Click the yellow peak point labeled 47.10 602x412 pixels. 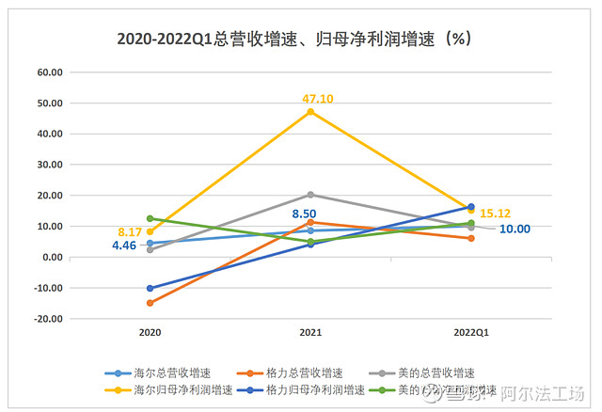pos(310,112)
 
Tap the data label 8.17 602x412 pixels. pos(129,230)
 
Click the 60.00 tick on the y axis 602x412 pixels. pos(49,71)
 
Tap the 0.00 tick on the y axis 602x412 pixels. pos(52,257)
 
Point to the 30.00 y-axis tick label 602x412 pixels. pos(49,165)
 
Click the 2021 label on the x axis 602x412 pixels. pos(310,332)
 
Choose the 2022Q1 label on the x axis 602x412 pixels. pos(470,332)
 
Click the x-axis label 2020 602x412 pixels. pos(150,332)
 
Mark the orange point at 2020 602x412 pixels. pos(150,303)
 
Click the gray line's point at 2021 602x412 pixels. pos(310,195)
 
